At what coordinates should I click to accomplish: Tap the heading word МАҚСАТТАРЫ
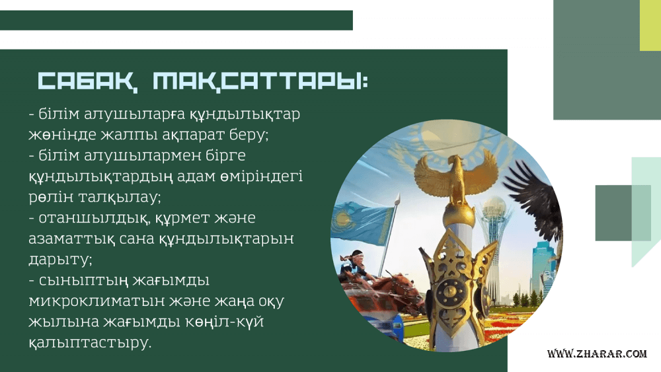click(x=259, y=81)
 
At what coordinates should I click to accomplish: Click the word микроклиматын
click(x=97, y=301)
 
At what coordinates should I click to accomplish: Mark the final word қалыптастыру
click(x=89, y=342)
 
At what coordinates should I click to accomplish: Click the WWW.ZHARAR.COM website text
click(x=597, y=353)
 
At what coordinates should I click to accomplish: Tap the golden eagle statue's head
click(x=455, y=161)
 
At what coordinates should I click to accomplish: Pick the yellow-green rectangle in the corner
click(x=650, y=25)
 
